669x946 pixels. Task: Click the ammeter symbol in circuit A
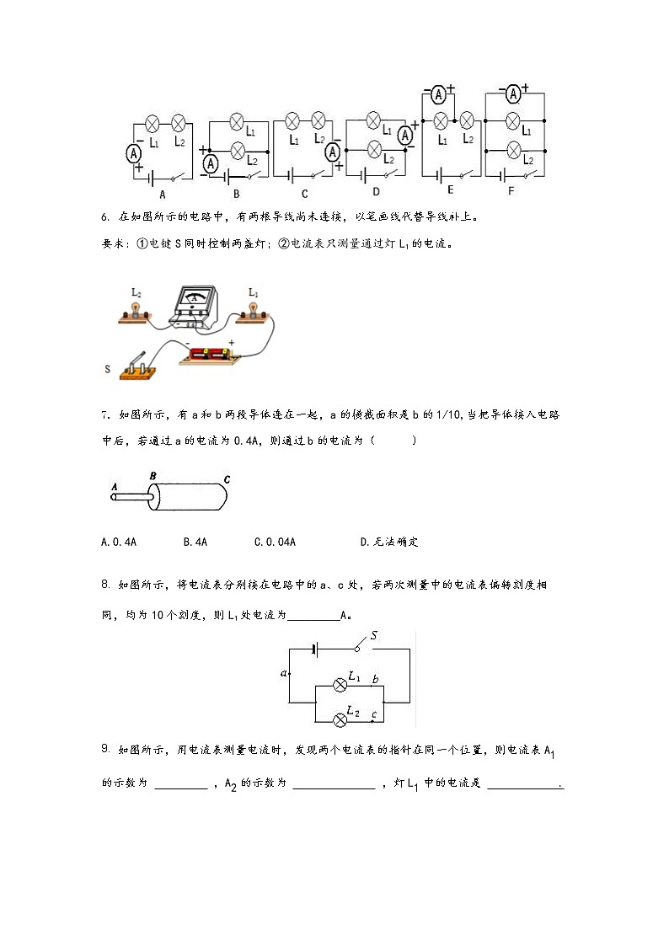(133, 154)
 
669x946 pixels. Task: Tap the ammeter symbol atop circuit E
(439, 94)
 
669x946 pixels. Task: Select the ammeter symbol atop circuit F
(513, 94)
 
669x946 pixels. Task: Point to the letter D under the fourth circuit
(376, 192)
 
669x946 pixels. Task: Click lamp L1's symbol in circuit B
(237, 122)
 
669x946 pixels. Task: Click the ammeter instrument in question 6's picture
(195, 307)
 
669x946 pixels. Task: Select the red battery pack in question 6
(209, 355)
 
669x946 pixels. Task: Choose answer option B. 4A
(195, 542)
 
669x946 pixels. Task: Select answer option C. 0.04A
(275, 542)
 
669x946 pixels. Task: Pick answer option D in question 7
(389, 542)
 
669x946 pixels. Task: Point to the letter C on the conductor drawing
(227, 479)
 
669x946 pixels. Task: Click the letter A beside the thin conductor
(114, 486)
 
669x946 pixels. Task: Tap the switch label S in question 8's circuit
(374, 635)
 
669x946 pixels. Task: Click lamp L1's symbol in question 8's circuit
(340, 686)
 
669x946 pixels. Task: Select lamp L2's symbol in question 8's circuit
(340, 719)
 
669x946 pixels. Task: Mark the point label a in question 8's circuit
(284, 673)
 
